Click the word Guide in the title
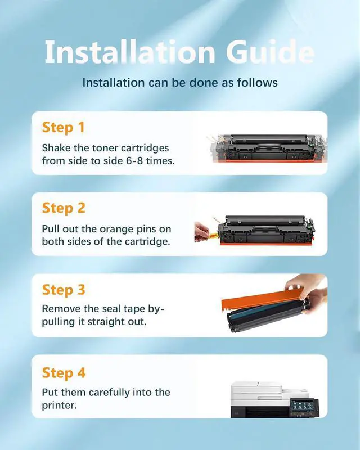click(x=270, y=52)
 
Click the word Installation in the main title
click(x=130, y=52)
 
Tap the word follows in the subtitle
click(x=257, y=83)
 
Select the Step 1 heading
click(x=63, y=127)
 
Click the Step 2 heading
click(x=64, y=208)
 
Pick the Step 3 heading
click(x=64, y=290)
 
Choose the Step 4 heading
click(x=64, y=373)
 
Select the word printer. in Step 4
click(x=60, y=406)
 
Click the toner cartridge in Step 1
click(x=268, y=148)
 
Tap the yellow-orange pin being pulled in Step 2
click(x=213, y=236)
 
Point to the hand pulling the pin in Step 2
click(x=201, y=232)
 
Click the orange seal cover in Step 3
click(x=262, y=300)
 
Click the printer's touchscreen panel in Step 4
click(x=303, y=407)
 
